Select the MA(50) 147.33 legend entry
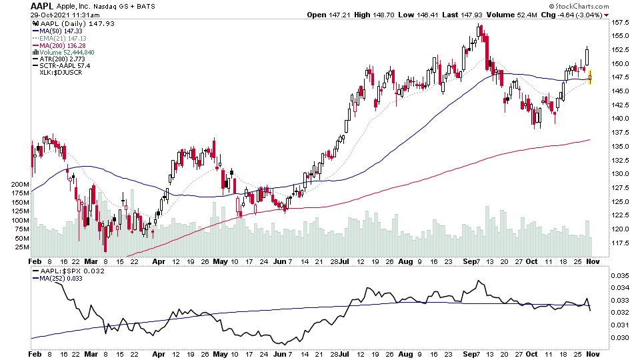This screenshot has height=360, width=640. pyautogui.click(x=60, y=31)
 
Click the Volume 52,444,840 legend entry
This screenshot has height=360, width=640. pyautogui.click(x=66, y=52)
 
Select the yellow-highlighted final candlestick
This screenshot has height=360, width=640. pyautogui.click(x=590, y=77)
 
